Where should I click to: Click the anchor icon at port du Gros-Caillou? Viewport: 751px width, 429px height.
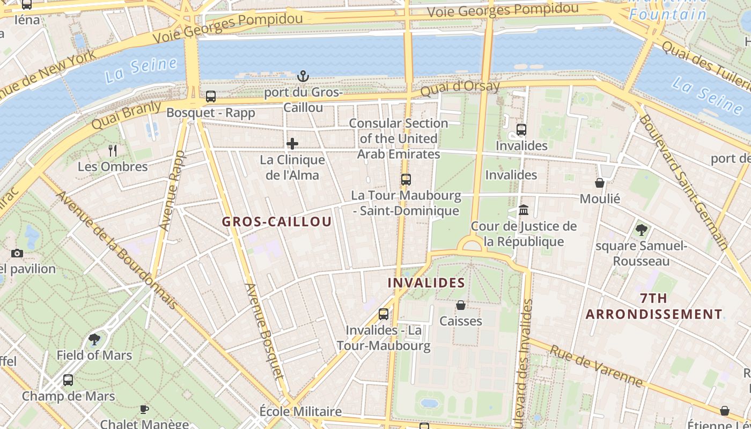coord(303,76)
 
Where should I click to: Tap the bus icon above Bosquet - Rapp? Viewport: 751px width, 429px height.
coord(211,97)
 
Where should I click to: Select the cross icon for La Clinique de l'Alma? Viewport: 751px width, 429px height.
coord(292,143)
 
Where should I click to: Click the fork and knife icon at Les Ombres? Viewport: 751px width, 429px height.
coord(113,150)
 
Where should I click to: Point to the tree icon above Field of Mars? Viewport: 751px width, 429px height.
coord(94,339)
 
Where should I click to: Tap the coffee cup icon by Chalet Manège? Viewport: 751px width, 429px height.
coord(144,409)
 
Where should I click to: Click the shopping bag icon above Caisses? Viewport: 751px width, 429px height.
coord(460,305)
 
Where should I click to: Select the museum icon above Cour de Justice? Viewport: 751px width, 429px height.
coord(524,210)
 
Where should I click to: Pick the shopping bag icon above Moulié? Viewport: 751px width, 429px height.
coord(600,183)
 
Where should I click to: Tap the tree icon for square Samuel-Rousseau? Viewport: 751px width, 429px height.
coord(641,230)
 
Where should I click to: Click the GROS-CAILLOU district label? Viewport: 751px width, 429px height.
coord(277,221)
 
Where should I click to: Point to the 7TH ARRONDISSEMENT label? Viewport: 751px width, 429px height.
coord(654,306)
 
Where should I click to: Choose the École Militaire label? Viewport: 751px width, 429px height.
coord(300,411)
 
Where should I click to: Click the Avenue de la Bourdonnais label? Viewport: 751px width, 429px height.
coord(117,250)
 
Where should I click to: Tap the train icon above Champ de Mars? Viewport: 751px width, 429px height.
coord(68,380)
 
